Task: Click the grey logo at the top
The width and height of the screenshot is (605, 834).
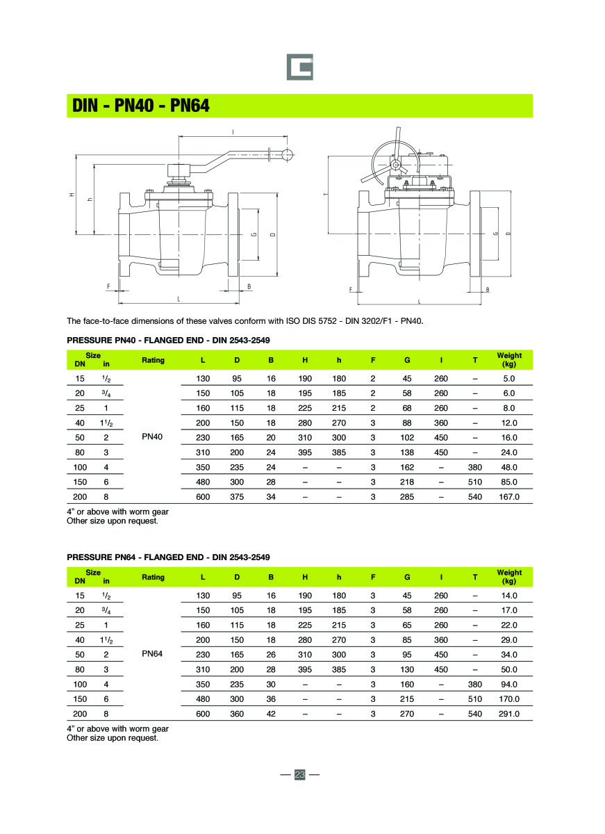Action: tap(300, 67)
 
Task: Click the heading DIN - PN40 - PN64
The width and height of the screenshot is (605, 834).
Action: tap(141, 106)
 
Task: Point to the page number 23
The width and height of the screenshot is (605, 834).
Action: tap(300, 775)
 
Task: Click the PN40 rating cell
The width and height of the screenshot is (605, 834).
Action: tap(152, 438)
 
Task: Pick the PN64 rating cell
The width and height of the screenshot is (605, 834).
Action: tap(152, 655)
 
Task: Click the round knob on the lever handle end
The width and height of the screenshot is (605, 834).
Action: tap(285, 154)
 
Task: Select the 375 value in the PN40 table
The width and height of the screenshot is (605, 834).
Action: tap(237, 497)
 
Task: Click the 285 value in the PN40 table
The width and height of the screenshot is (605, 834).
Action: tap(407, 497)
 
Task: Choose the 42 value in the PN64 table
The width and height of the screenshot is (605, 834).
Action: tap(271, 714)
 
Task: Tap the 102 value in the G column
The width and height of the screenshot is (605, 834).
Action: tap(407, 438)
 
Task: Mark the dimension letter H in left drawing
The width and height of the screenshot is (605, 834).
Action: tap(72, 195)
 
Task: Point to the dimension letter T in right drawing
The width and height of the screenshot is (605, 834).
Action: tap(326, 194)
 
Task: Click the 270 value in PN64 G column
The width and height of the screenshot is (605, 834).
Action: tap(407, 714)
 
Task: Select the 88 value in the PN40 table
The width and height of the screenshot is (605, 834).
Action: tap(407, 423)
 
